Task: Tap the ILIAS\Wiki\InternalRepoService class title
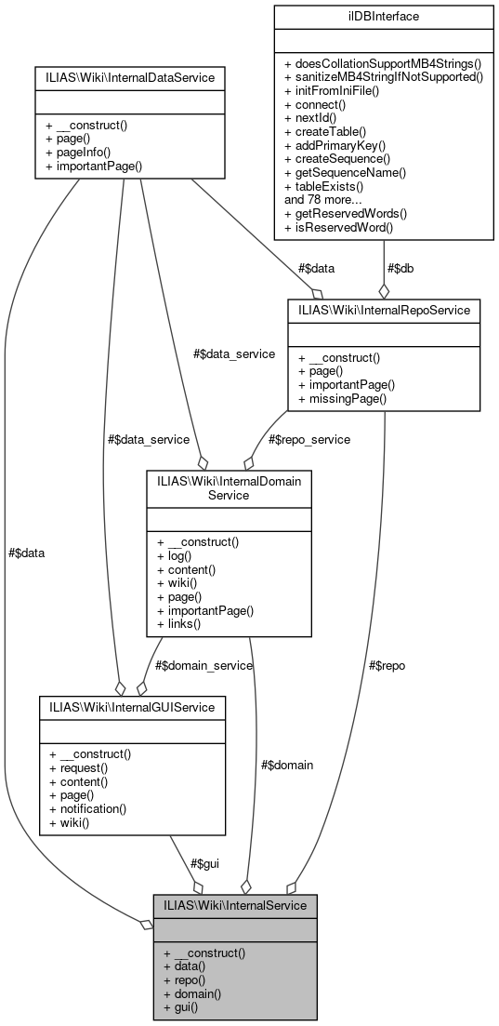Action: click(x=384, y=309)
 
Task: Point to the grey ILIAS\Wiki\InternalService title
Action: click(x=235, y=904)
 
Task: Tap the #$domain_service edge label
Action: click(x=204, y=665)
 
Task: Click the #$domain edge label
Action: click(x=286, y=765)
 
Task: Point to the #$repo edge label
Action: click(x=387, y=665)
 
